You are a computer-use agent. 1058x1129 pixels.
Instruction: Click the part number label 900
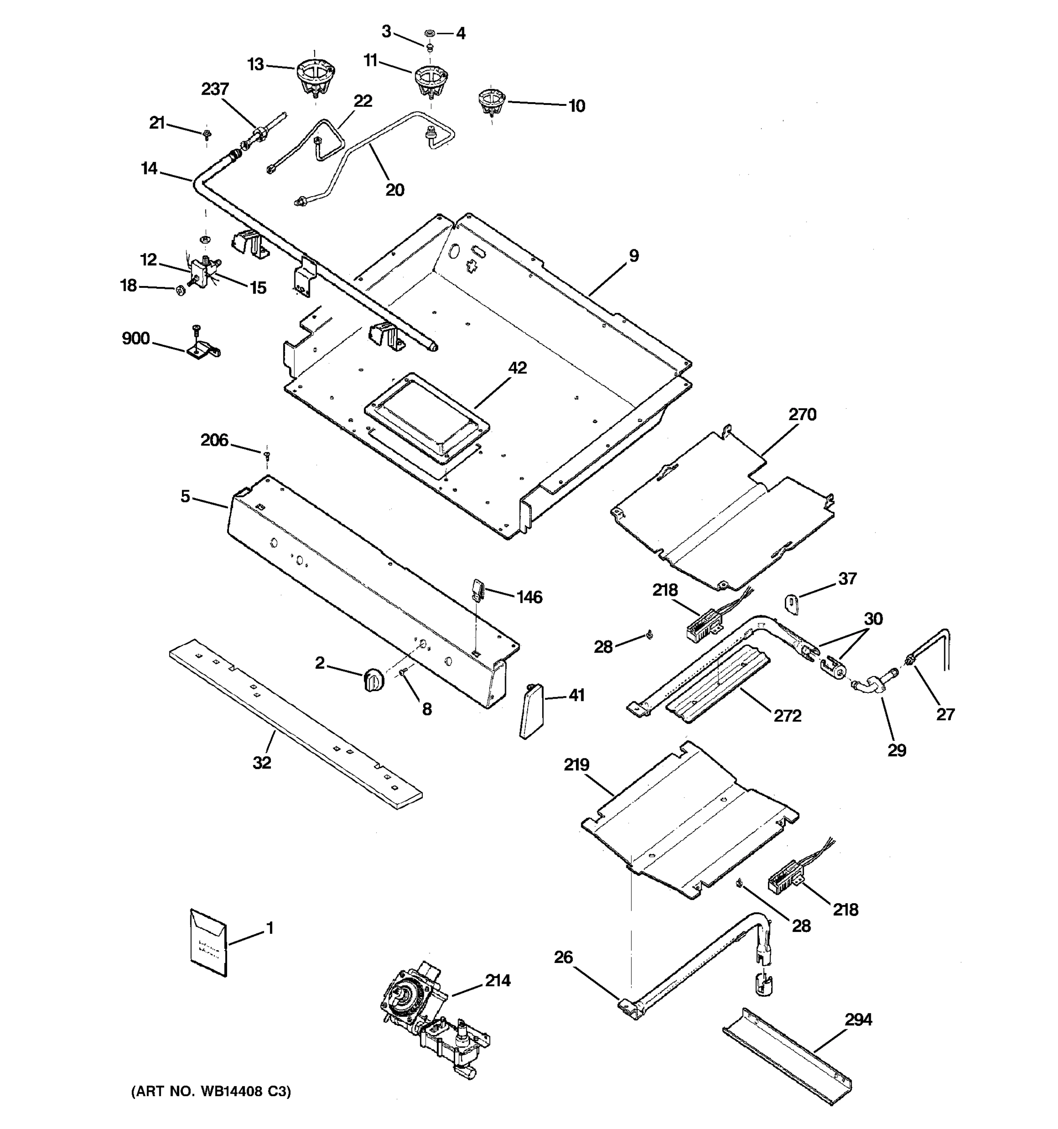pos(135,339)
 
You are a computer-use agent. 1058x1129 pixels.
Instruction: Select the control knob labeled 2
pos(372,680)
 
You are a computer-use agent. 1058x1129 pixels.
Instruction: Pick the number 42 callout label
pos(517,368)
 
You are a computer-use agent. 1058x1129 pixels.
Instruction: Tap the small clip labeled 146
pos(477,589)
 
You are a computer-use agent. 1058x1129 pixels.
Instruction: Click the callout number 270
pos(802,414)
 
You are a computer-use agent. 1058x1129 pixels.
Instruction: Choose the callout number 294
pos(858,1020)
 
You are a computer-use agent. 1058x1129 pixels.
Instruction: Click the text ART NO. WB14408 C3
pos(211,1091)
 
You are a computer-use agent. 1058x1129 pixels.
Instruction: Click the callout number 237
pos(215,89)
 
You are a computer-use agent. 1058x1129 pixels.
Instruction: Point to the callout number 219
pos(576,765)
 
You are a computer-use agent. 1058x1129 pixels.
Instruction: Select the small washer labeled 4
pos(430,33)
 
